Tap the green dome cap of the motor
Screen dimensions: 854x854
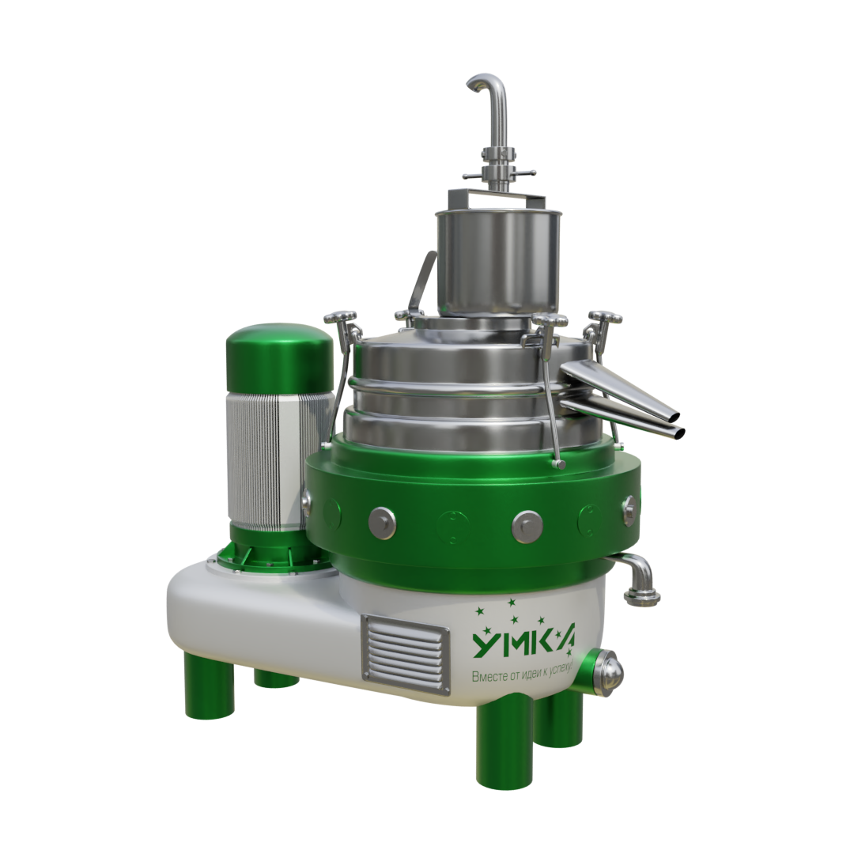(281, 357)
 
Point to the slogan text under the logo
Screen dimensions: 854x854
(522, 675)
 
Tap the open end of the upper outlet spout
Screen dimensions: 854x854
(675, 418)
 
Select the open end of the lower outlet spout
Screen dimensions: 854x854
(678, 434)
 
